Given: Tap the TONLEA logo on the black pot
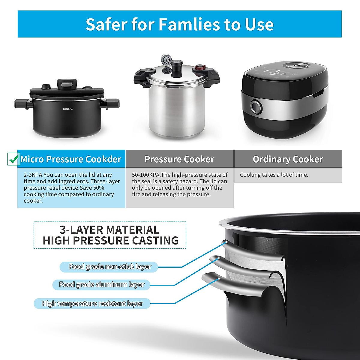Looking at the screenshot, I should click(x=68, y=109).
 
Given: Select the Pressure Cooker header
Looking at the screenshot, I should click(x=179, y=159).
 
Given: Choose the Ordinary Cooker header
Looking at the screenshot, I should click(x=288, y=159).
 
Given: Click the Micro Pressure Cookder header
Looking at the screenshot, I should click(x=71, y=159).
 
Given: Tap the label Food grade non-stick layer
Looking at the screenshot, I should click(x=109, y=267).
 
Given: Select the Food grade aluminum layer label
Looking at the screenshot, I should click(x=102, y=284).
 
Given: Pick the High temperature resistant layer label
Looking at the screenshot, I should click(x=92, y=304).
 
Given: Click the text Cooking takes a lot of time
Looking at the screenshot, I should click(x=274, y=175).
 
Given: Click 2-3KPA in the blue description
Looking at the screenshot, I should click(x=34, y=175).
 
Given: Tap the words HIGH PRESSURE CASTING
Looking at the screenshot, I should click(x=110, y=241).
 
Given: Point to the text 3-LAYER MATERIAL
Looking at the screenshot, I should click(x=109, y=230).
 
